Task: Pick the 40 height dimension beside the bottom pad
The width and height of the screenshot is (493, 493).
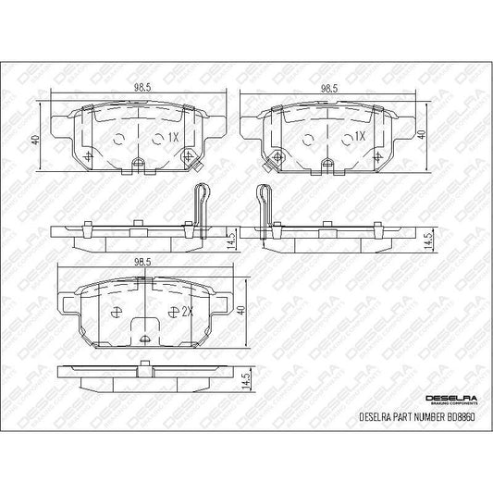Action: [240, 312]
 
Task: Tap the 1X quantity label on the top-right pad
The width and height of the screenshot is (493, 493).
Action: [360, 136]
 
